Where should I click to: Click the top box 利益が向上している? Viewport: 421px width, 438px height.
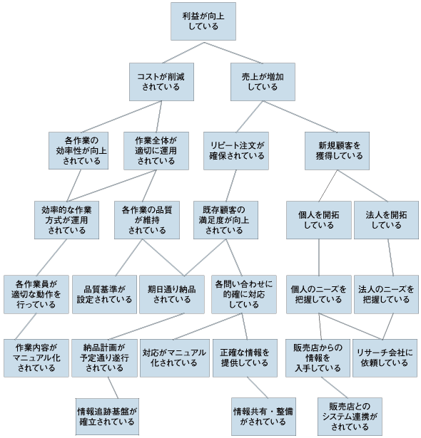point(203,21)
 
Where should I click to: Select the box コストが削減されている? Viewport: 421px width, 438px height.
point(161,82)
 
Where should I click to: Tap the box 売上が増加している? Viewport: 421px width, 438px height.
point(263,82)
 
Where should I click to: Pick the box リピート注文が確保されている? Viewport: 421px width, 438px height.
point(236,151)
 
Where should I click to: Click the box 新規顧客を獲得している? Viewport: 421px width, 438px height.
point(337,151)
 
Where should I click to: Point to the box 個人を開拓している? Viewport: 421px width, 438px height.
point(319,220)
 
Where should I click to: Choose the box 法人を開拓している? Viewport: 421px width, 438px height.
point(386,220)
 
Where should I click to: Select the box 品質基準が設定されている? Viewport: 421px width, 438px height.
point(104,294)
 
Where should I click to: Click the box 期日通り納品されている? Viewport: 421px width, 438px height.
point(172,294)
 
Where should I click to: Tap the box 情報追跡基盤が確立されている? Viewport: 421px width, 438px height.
point(107,417)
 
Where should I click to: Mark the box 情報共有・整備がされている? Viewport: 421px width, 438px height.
point(263,417)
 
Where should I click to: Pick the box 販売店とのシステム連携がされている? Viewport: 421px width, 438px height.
point(350,417)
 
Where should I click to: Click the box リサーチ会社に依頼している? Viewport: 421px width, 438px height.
point(385,358)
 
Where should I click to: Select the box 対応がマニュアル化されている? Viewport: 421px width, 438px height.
point(175,358)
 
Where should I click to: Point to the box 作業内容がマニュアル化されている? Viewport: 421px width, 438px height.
point(36,358)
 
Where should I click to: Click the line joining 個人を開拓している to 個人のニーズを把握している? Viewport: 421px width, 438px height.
point(319,257)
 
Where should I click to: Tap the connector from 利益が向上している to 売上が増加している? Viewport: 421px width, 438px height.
point(233,53)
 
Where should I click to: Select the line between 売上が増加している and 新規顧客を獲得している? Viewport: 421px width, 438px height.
point(300,117)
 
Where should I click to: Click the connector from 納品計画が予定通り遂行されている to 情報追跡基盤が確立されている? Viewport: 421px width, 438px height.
point(113,387)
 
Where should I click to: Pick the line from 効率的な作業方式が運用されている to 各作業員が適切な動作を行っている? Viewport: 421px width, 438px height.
point(51,257)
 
